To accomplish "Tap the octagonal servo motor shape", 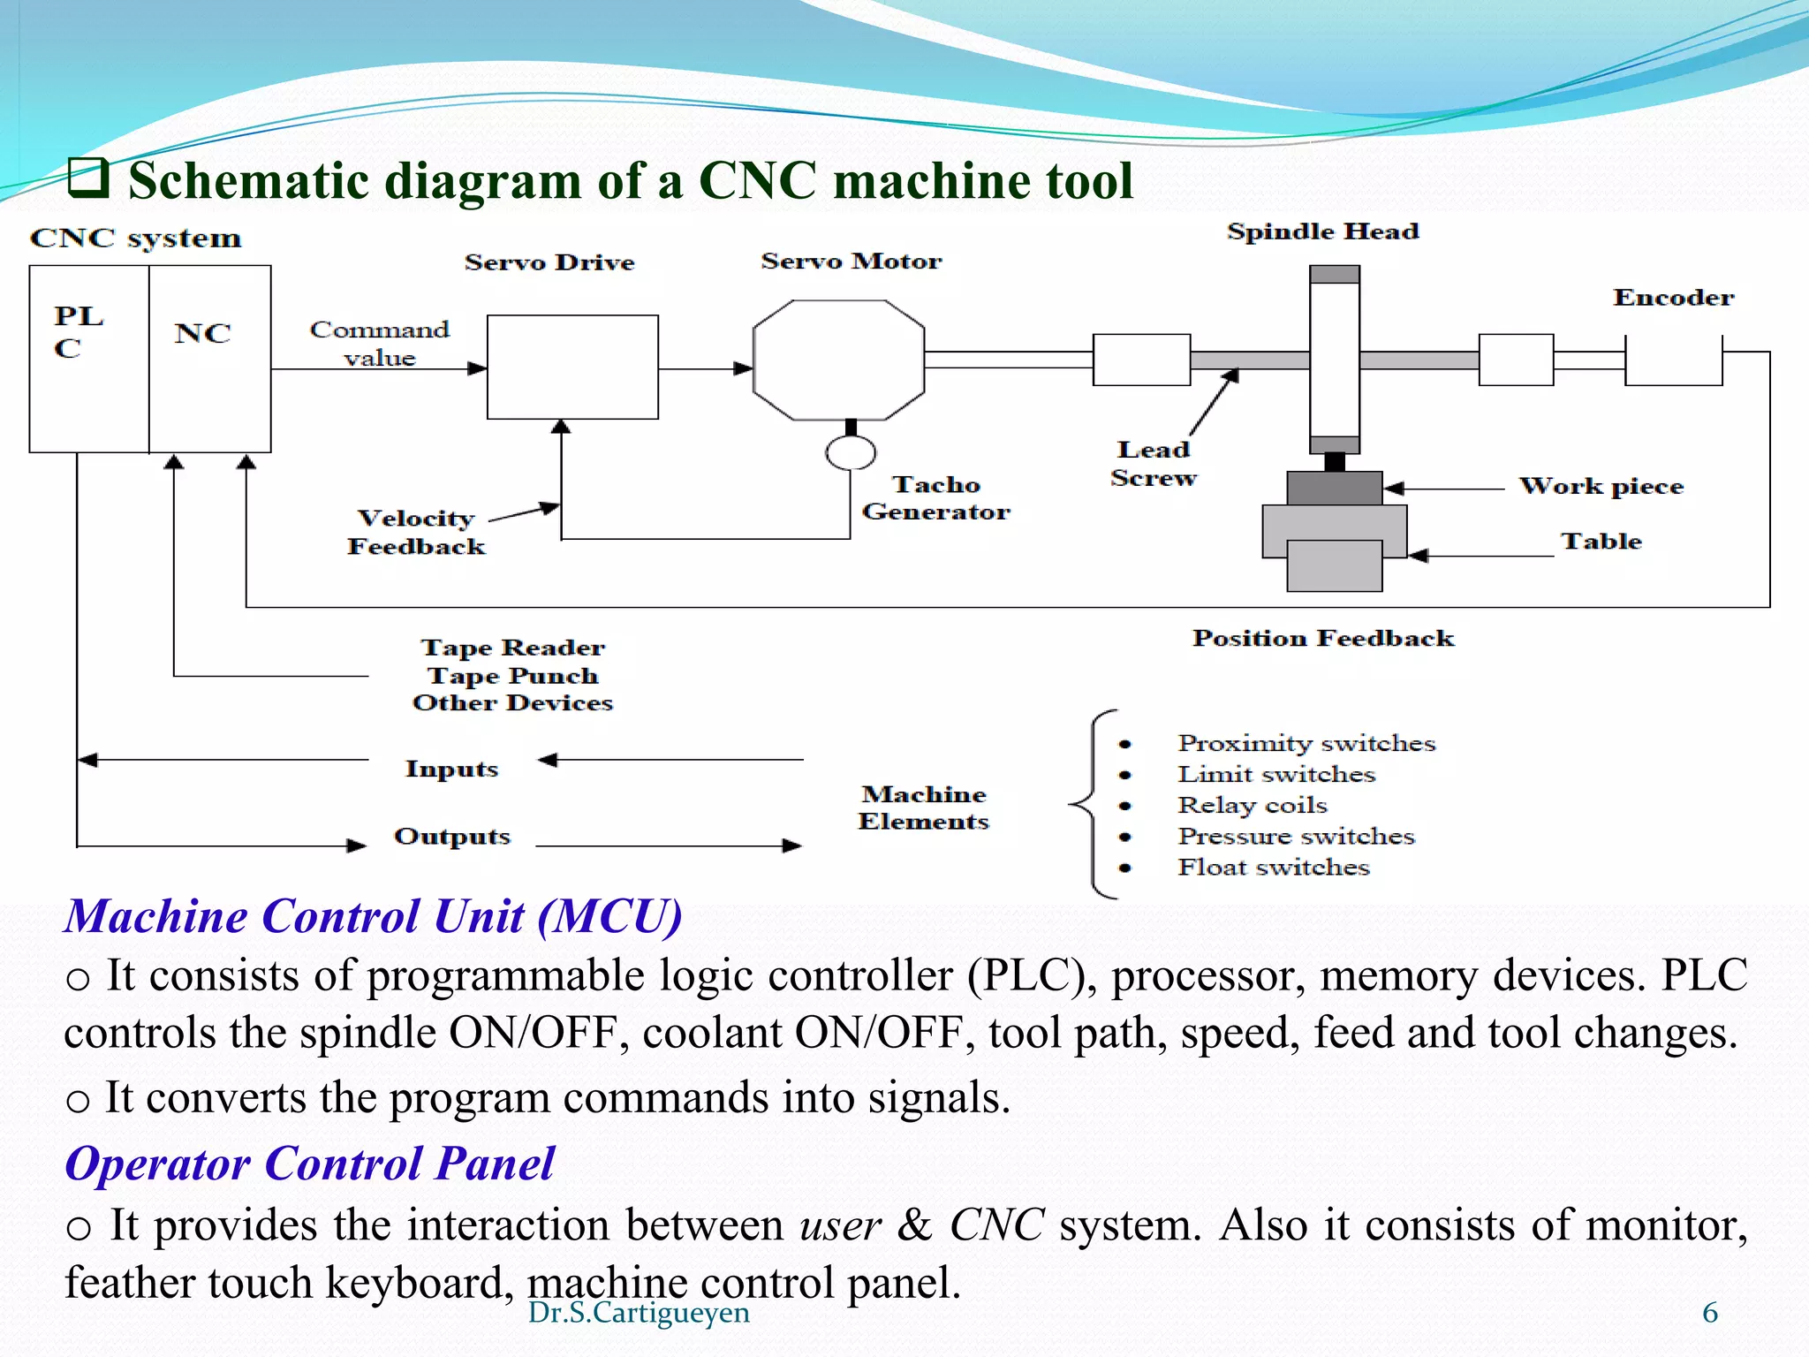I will [838, 360].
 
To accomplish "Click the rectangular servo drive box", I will [572, 367].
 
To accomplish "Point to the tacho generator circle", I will [851, 453].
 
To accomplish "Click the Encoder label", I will [1673, 298].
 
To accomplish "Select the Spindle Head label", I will [1322, 231].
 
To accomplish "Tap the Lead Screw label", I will [1154, 464].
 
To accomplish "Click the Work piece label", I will [1601, 487].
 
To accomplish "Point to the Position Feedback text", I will [1322, 639].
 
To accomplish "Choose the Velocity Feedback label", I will [416, 533].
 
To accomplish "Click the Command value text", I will [380, 344].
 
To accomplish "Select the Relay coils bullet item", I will [1252, 806].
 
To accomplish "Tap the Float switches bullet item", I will [1273, 868].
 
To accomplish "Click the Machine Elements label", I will [923, 807].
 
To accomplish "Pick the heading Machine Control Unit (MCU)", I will [373, 916].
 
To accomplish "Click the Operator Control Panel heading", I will [309, 1164].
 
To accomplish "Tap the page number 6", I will [1709, 1313].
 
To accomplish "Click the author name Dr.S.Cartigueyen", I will [639, 1313].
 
